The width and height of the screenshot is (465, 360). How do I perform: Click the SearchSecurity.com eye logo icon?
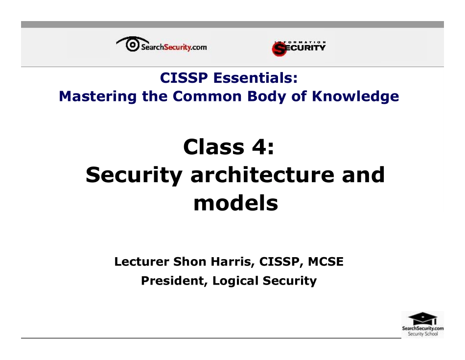click(x=131, y=45)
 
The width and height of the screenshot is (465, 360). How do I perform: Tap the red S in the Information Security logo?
click(x=279, y=48)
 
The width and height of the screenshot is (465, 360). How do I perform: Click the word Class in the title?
click(x=214, y=146)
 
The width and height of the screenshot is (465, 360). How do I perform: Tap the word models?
click(x=235, y=203)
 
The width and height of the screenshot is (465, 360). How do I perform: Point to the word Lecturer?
click(x=142, y=262)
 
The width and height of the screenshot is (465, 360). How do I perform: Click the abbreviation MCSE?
click(x=325, y=262)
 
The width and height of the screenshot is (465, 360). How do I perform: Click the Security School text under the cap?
click(x=423, y=335)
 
